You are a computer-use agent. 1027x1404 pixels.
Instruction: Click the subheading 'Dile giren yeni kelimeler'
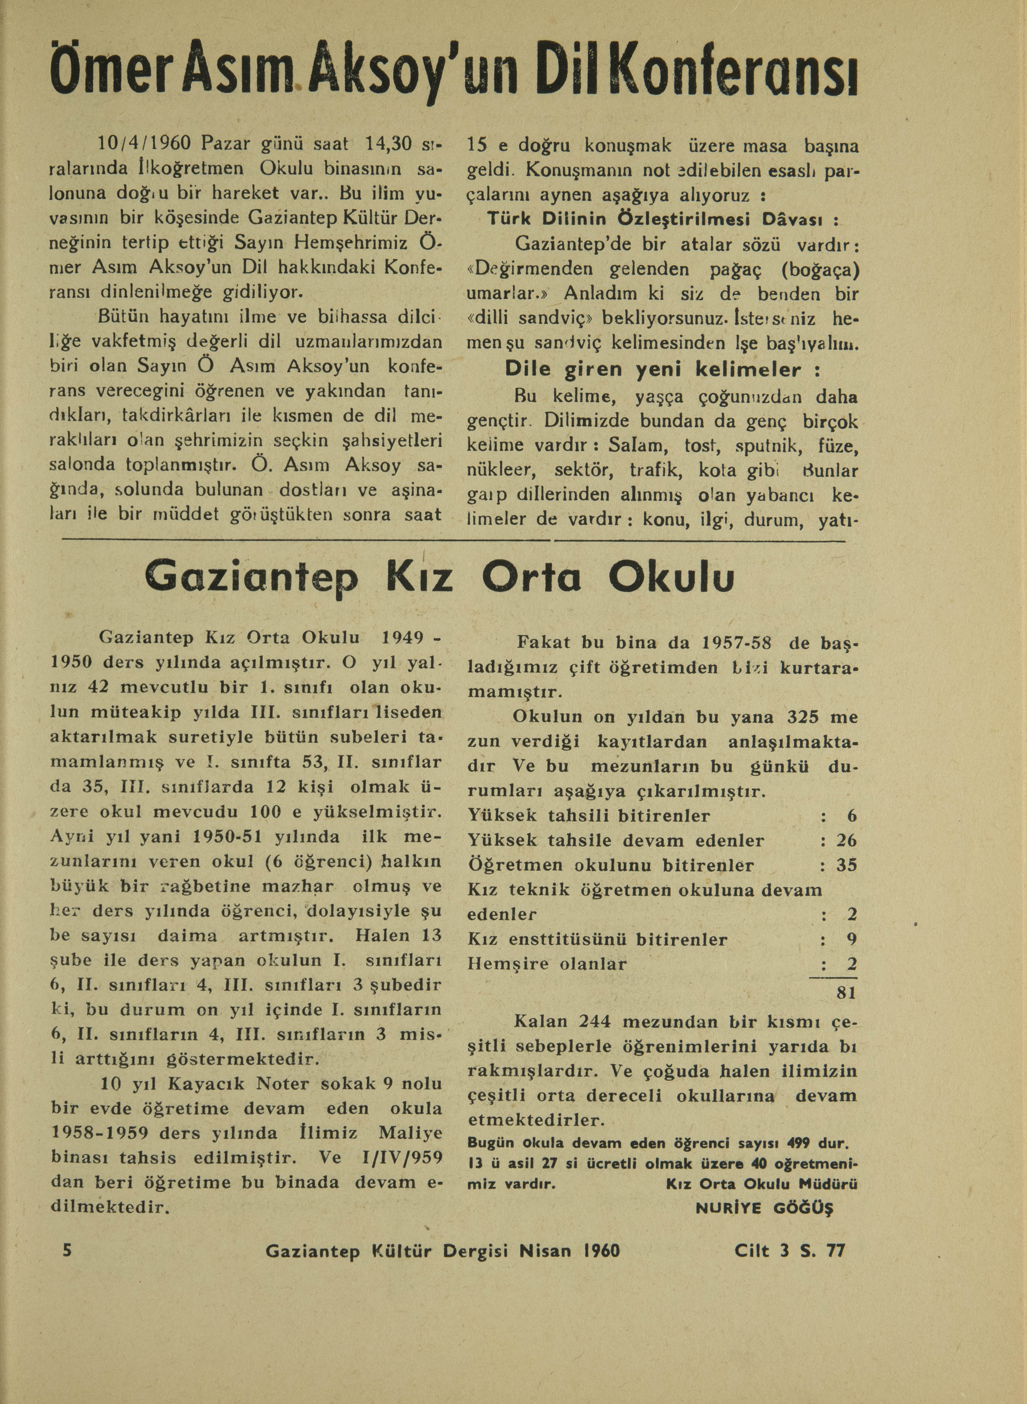click(x=662, y=370)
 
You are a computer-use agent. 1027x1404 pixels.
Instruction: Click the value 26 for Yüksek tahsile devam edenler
click(x=847, y=840)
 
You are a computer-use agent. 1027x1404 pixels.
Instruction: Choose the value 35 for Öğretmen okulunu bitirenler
click(x=847, y=865)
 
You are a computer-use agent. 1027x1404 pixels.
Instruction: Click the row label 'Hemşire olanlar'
click(x=547, y=964)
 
